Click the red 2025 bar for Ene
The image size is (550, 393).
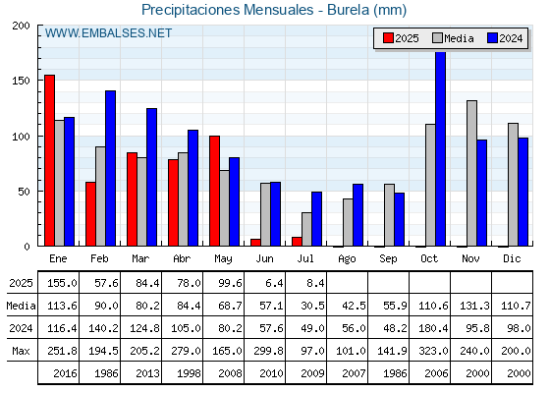[x=49, y=160]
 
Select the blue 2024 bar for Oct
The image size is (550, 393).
[x=441, y=148]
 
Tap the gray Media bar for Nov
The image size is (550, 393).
[x=471, y=173]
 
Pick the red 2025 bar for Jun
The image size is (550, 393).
[x=255, y=243]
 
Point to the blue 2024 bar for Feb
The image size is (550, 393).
[x=110, y=168]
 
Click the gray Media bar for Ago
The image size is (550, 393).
[x=348, y=222]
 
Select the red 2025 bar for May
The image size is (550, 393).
[x=215, y=191]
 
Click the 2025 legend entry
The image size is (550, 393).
[x=401, y=38]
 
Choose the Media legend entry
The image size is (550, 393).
[x=453, y=38]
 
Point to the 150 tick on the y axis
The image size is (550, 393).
[x=21, y=81]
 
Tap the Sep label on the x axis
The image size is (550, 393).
[x=388, y=258]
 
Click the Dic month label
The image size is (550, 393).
[x=512, y=258]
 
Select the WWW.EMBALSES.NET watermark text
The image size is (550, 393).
[x=108, y=33]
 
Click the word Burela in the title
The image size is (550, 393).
[x=348, y=10]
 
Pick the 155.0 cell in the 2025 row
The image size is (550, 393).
[x=62, y=283]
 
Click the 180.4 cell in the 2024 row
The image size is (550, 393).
[x=433, y=328]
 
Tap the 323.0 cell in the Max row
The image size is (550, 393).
[x=433, y=351]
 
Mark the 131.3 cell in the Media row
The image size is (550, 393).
[x=474, y=306]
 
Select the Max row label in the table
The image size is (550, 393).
[x=21, y=351]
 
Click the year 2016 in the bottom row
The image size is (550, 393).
[x=65, y=373]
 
